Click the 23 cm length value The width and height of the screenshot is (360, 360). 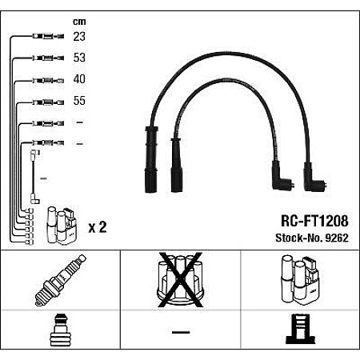click(x=78, y=37)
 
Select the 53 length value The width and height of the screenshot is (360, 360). click(x=78, y=58)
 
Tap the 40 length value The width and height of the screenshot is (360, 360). click(x=78, y=80)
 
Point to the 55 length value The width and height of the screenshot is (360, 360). click(x=78, y=102)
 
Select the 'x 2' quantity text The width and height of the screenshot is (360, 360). click(x=97, y=228)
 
